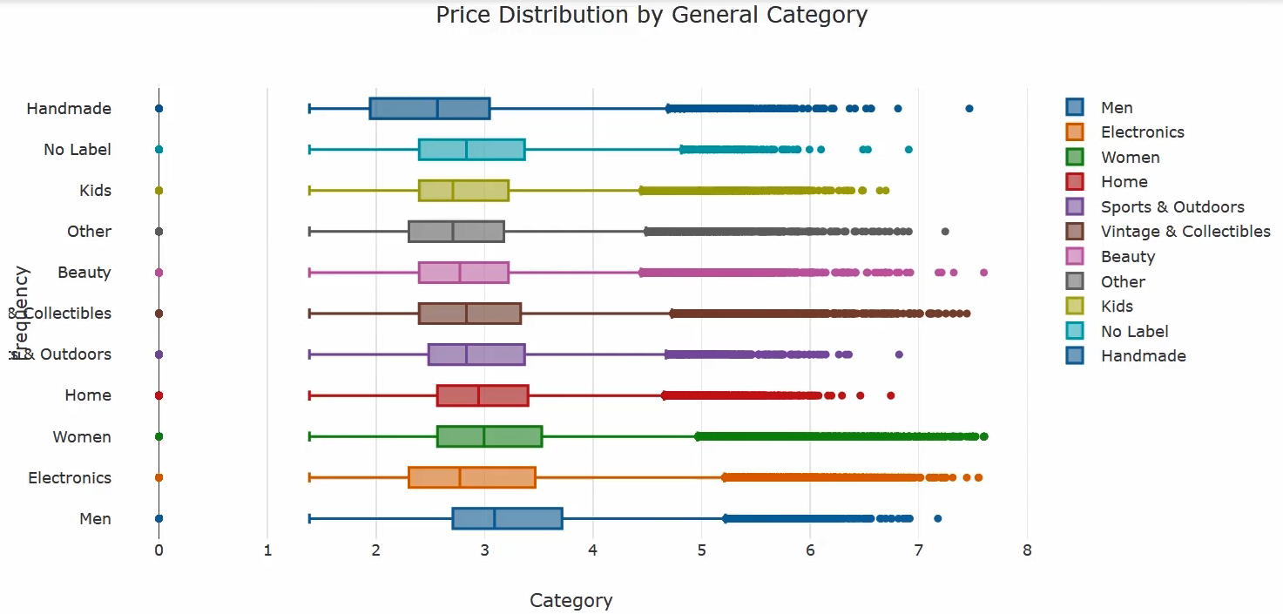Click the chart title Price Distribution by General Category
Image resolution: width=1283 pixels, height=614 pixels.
coord(652,16)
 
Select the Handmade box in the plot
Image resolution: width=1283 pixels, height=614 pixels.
coord(429,109)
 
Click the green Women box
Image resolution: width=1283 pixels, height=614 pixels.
coord(490,436)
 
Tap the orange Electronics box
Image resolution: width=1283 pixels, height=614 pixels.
coord(471,477)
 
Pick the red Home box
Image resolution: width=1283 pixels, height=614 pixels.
coord(483,395)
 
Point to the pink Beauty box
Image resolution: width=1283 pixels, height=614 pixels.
coord(463,273)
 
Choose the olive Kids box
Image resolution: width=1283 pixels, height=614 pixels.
coord(463,191)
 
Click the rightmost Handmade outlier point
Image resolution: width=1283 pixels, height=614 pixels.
coord(969,109)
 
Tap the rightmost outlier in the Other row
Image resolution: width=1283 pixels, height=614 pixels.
coord(945,232)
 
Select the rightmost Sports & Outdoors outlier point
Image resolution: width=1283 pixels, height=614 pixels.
coord(900,354)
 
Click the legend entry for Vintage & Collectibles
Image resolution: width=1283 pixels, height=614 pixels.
coord(1185,232)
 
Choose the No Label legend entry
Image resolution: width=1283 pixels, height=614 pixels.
coord(1134,331)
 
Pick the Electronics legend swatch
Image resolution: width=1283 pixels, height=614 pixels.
coord(1075,132)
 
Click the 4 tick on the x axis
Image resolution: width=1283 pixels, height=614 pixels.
coord(592,550)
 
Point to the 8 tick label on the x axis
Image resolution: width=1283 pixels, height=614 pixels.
coord(1027,550)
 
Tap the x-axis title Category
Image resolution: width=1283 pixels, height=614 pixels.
coord(571,601)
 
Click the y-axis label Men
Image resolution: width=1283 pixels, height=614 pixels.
coord(95,519)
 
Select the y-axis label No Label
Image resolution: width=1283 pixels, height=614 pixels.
coord(78,150)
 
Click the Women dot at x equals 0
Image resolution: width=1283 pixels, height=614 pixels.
coord(159,436)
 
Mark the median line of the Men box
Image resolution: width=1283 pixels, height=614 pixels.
coord(495,518)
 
